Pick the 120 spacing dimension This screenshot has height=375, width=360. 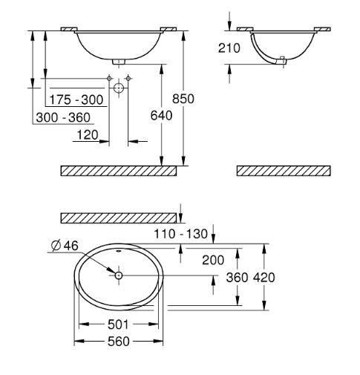pos(88,135)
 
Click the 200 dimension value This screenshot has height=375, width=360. pos(213,259)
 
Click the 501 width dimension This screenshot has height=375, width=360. pos(119,325)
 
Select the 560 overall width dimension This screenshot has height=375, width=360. pos(119,341)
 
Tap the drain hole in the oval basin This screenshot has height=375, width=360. pos(119,275)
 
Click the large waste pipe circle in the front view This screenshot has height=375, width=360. pos(119,88)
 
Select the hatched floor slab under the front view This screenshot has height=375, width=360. pos(119,171)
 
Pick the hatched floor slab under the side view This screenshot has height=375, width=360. pos(282,171)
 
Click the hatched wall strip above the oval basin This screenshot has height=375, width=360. pos(119,217)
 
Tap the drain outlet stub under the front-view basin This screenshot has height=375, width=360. pos(119,62)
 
